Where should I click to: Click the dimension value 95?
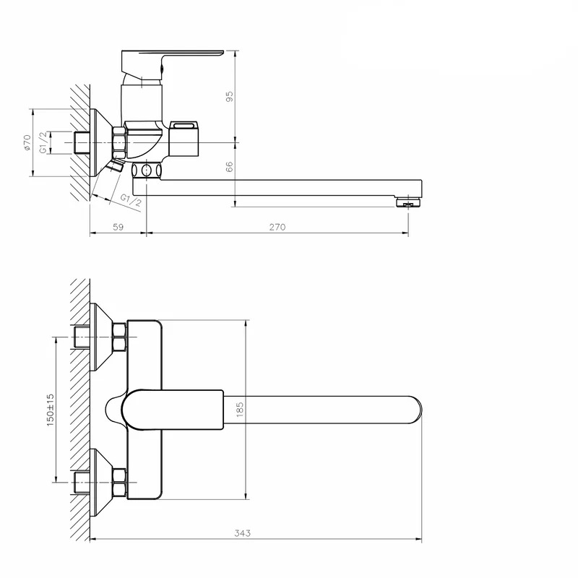[229, 97]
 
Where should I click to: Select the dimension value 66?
[229, 167]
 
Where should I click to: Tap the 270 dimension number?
[277, 227]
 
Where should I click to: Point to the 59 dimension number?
[118, 227]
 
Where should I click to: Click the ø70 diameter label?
[27, 142]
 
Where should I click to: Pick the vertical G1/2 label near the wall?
[43, 142]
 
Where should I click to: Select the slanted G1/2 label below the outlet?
[131, 200]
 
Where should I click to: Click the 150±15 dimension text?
[50, 410]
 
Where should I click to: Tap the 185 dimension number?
[240, 410]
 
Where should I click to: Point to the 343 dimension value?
[242, 533]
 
